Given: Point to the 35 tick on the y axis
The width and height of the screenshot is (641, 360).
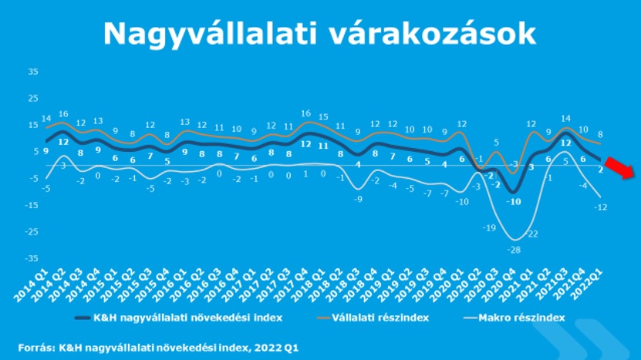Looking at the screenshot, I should [x=32, y=72].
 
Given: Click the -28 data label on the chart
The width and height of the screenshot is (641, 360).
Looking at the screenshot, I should [x=514, y=249].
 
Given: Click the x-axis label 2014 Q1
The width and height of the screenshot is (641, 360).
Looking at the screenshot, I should [x=36, y=286].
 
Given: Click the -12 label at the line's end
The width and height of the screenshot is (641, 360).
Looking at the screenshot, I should [x=602, y=207].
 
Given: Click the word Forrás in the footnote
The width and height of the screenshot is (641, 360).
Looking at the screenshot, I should [x=36, y=347].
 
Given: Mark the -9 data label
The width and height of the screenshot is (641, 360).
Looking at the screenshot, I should [x=358, y=199].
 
